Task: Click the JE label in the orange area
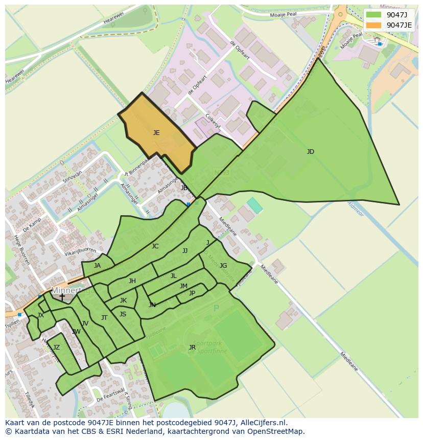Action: [156, 133]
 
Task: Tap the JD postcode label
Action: [311, 152]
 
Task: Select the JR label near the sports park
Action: [192, 348]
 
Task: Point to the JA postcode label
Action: [97, 266]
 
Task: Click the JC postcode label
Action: [155, 246]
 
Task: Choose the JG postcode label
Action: [223, 266]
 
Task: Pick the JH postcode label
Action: [132, 281]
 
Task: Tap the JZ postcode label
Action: [56, 348]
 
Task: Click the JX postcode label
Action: [40, 315]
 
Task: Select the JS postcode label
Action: [123, 314]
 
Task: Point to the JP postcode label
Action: [192, 293]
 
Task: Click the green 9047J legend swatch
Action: [374, 14]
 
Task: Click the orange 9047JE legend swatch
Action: [374, 25]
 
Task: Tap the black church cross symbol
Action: [62, 297]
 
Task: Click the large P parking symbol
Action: [216, 308]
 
